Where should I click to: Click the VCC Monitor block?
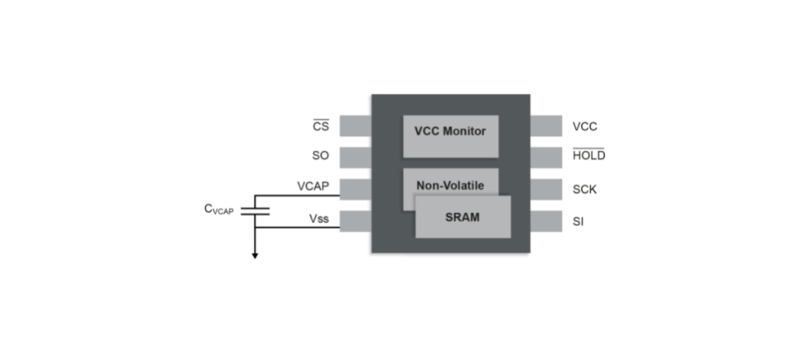coord(450,131)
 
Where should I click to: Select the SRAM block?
coord(462,217)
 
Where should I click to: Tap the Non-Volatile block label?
coord(450,185)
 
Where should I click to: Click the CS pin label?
coord(321,126)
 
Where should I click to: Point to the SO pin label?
coord(321,155)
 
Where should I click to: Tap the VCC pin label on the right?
coord(584,126)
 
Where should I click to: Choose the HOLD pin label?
coord(589,155)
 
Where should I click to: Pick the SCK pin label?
coord(584,189)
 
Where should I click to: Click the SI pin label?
coord(578,221)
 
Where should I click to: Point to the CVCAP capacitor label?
coord(219,209)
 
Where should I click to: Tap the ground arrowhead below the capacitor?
coord(255,255)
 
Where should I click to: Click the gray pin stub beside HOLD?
coord(546,156)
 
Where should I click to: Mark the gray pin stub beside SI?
coord(546,221)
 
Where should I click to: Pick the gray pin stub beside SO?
coord(355,156)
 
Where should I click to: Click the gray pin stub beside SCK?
coord(546,189)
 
